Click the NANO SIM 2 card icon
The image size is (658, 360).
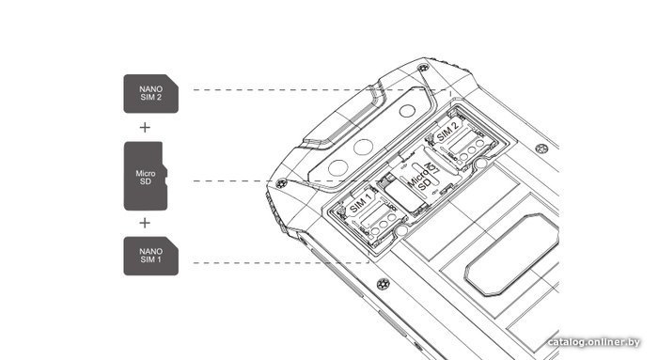pos(150,94)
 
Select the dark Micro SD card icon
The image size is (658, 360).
pos(145,176)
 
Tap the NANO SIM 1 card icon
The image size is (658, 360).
pos(150,256)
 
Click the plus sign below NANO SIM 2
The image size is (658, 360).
pos(145,127)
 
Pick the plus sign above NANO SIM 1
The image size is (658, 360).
pos(145,223)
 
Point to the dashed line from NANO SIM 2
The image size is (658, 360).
pos(321,90)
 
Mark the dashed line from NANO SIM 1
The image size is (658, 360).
pos(281,263)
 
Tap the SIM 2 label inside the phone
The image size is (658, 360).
pos(446,133)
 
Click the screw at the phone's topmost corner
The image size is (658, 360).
pos(423,67)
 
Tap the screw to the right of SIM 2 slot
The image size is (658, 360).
pos(541,149)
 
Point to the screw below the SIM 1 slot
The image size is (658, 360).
pos(383,284)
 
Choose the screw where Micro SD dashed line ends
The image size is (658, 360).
pos(282,183)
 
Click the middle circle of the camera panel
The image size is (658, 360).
pos(364,148)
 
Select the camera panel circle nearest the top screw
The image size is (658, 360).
pos(407,111)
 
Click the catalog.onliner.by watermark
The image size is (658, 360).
pos(594,342)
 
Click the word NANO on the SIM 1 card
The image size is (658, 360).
pos(150,251)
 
